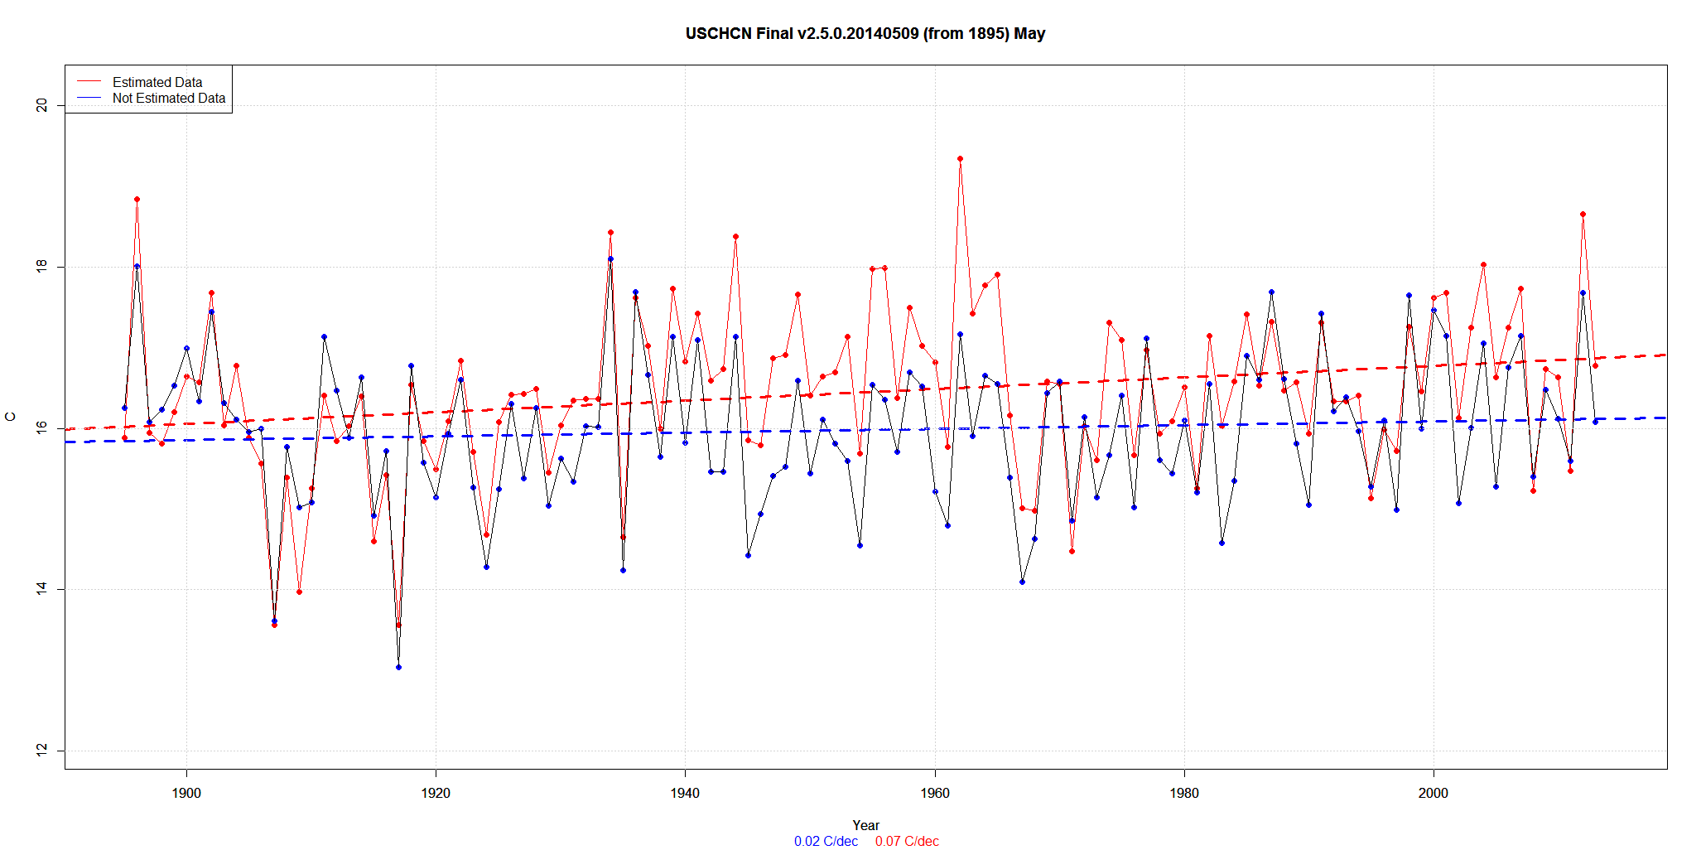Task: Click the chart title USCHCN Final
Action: click(865, 34)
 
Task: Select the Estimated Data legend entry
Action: click(157, 82)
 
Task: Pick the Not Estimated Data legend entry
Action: click(168, 98)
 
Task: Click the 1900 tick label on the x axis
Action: click(186, 793)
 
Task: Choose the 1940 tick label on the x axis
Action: click(685, 793)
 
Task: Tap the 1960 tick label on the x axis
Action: click(935, 793)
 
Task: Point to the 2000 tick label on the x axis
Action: click(1434, 793)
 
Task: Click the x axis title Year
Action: click(865, 825)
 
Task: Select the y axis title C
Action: click(11, 417)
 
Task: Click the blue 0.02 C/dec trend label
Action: click(826, 841)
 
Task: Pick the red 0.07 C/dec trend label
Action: click(907, 841)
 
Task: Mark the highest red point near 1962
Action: click(960, 158)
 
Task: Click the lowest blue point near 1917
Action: click(398, 667)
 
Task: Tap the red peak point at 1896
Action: click(137, 199)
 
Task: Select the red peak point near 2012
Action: click(1583, 214)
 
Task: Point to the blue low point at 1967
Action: click(1022, 582)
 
